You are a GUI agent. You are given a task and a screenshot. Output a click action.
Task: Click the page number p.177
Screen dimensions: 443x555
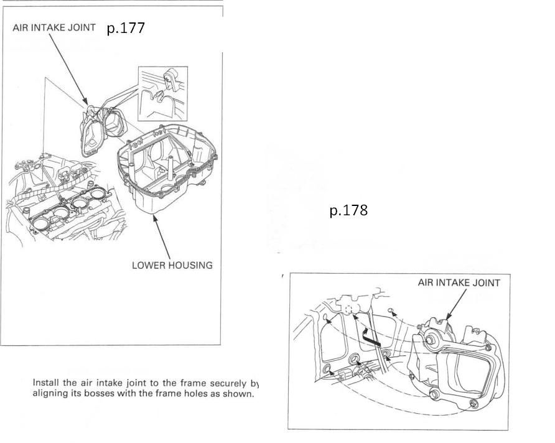[126, 28]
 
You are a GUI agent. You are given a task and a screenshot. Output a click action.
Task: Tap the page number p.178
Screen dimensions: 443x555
[348, 211]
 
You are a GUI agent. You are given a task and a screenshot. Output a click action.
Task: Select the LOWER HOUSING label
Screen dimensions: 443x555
[172, 265]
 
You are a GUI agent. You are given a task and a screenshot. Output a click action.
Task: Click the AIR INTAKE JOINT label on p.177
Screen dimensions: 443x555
[54, 28]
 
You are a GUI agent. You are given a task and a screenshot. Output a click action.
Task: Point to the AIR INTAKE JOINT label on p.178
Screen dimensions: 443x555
[459, 282]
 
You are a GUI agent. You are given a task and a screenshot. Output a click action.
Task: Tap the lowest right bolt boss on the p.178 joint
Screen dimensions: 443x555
[473, 405]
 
